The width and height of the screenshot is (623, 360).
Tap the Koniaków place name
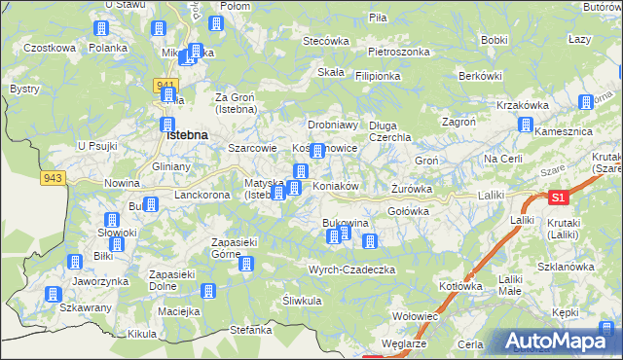[337, 186]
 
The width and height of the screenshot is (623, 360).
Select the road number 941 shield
[164, 86]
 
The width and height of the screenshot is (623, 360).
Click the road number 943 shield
[53, 178]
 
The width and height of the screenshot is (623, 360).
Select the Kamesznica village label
[562, 130]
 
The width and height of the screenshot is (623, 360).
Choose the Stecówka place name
[326, 41]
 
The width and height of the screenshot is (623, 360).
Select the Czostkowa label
[50, 48]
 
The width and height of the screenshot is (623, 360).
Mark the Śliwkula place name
[302, 301]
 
